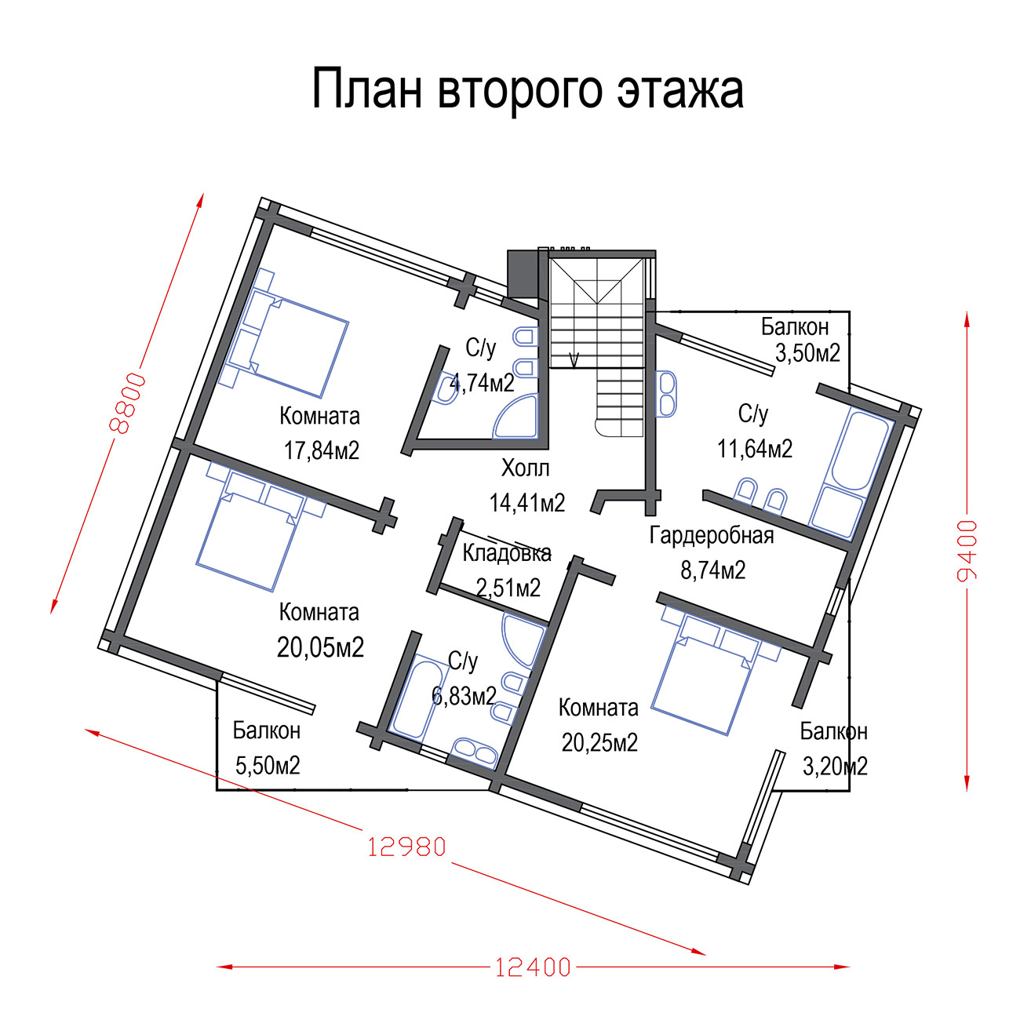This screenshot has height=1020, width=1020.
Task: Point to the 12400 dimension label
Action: [x=533, y=968]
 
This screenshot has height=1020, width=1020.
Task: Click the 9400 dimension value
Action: [x=967, y=551]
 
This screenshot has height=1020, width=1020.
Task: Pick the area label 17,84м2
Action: [x=322, y=450]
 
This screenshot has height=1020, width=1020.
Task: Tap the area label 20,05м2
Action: [x=320, y=647]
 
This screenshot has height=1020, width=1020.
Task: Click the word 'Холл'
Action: [x=525, y=468]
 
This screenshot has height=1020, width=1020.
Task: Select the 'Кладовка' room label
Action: [x=507, y=554]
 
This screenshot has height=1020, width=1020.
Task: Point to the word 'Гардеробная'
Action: [x=712, y=536]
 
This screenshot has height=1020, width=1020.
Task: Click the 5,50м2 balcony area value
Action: [x=268, y=766]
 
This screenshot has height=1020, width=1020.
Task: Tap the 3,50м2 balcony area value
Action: [x=807, y=353]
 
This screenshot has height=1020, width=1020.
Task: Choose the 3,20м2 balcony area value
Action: [x=836, y=767]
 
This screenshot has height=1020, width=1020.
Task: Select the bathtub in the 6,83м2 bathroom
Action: [x=418, y=697]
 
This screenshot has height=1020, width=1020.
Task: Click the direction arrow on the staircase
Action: [x=574, y=359]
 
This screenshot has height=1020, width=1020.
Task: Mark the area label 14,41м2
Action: [x=527, y=502]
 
